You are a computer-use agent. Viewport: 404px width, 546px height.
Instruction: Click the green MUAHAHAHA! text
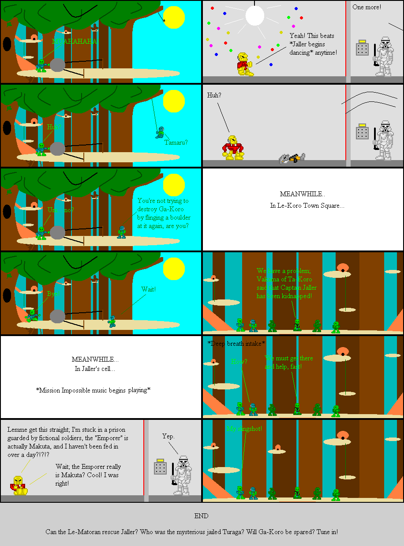pos(75,41)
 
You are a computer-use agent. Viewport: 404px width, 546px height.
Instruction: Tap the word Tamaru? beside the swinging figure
pos(176,142)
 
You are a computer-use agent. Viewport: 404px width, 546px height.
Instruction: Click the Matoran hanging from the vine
pos(160,132)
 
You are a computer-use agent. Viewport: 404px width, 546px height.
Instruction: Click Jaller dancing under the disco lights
pos(244,64)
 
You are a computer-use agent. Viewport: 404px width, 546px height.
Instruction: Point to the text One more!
pos(367,7)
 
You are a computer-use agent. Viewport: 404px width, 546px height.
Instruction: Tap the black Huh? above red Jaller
pos(214,95)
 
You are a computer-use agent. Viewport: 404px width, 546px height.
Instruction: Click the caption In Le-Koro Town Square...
pos(307,206)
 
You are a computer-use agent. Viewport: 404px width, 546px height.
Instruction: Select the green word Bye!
pos(53,293)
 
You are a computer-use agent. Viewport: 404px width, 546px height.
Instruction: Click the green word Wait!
pos(148,289)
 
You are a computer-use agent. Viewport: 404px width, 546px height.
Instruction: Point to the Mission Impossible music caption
pos(93,390)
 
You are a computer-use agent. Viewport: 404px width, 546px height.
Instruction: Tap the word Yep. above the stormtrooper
pos(168,436)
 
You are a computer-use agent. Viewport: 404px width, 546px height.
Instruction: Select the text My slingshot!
pos(244,429)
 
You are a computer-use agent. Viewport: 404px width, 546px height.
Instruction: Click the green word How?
pos(239,362)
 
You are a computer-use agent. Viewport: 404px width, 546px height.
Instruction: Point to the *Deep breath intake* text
pos(236,343)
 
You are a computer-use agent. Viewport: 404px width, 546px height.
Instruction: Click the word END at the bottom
pos(202,516)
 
